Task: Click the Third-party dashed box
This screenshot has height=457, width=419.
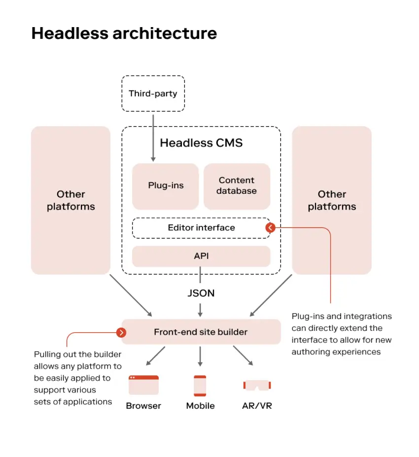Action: pos(153,93)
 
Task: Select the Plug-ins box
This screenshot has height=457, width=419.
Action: pos(166,186)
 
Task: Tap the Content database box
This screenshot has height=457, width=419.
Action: pos(237,186)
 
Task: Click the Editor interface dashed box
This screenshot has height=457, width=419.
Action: pos(201,228)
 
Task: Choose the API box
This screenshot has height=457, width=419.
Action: pos(201,256)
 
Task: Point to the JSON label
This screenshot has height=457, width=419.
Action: pos(201,293)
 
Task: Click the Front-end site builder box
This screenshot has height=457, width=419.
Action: pos(201,332)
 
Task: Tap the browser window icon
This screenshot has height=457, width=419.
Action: pos(143,385)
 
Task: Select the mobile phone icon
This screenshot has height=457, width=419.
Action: pos(200,386)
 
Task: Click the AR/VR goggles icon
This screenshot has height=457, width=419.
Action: pos(257,385)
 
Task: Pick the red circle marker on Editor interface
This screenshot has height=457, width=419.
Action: pos(270,228)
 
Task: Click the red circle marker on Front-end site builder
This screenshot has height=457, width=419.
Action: pos(121,332)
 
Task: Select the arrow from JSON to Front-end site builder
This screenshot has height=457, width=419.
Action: pos(200,310)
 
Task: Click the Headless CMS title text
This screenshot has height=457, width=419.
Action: pos(201,143)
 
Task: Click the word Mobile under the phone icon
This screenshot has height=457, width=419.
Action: pos(200,406)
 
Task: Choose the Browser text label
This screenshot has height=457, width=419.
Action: pos(143,406)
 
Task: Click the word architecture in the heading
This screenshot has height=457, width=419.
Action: pos(162,34)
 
